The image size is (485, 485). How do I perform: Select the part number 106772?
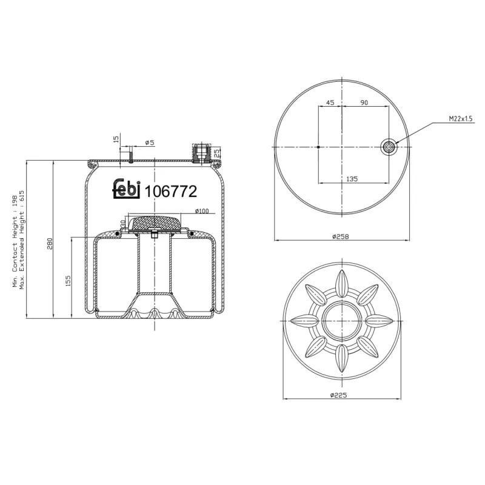click(170, 192)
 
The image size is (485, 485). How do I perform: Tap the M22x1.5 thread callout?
click(460, 119)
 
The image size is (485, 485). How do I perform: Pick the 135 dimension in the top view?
click(352, 179)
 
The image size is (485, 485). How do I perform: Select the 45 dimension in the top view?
click(330, 103)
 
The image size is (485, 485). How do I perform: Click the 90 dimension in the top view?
click(364, 103)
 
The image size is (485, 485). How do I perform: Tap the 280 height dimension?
click(50, 242)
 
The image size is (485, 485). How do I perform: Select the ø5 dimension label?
click(150, 142)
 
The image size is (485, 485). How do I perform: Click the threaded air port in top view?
click(388, 146)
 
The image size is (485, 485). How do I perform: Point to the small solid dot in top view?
click(319, 147)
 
